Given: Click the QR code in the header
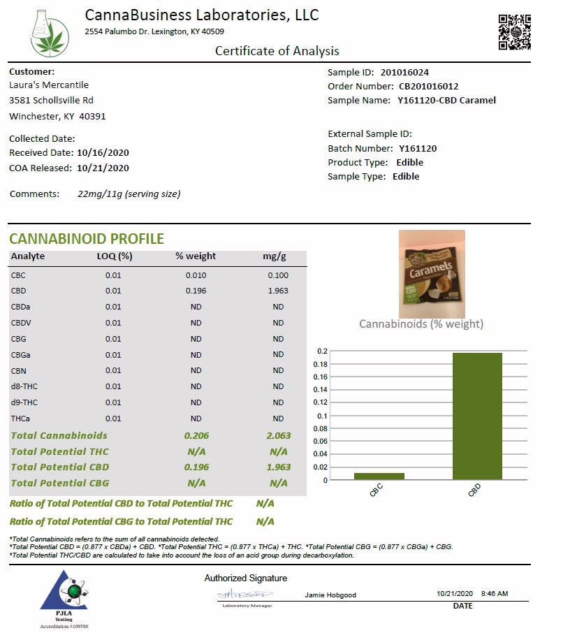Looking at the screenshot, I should (514, 32).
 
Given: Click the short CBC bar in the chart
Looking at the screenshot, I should (379, 476).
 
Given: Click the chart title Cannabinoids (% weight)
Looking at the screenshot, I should (421, 323).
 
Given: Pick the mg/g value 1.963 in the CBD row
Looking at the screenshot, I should (278, 291).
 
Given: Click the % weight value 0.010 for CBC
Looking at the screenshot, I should (196, 275).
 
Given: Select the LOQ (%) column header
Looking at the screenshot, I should (114, 256).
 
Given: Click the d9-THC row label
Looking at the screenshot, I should (24, 402).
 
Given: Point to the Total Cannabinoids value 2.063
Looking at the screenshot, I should (278, 435).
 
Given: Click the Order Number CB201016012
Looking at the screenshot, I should (428, 86).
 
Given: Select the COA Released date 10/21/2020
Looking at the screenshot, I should (103, 168).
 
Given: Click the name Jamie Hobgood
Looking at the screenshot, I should (330, 595).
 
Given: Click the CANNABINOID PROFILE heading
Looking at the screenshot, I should (87, 239).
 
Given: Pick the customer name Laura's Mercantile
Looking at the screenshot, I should (49, 85).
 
